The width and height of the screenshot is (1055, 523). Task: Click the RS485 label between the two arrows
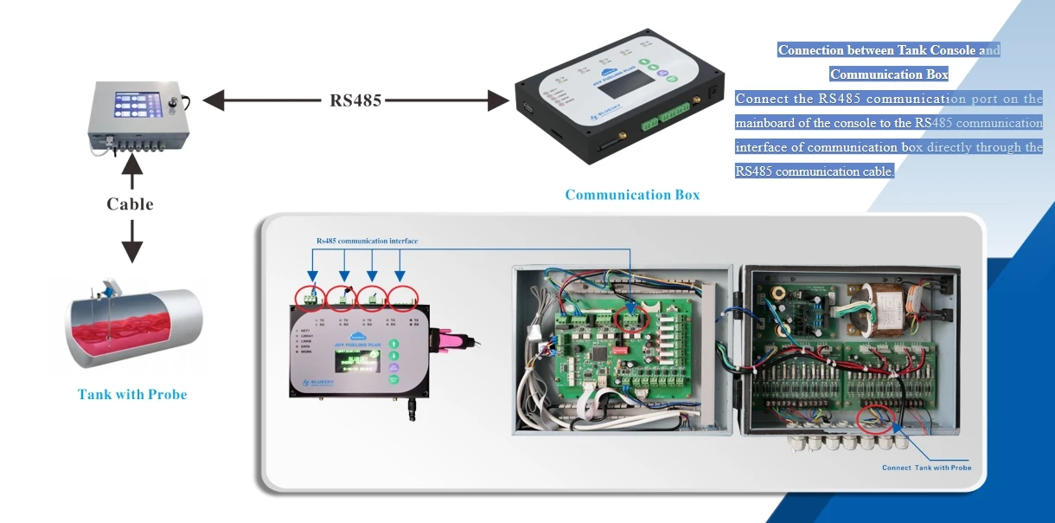click(355, 100)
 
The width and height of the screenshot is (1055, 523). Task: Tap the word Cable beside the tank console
click(130, 204)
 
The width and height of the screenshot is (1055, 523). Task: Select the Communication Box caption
click(632, 195)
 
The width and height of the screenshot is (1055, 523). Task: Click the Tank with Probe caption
click(132, 395)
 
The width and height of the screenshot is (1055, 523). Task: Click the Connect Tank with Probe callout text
click(926, 468)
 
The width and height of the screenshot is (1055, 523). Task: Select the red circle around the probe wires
click(877, 421)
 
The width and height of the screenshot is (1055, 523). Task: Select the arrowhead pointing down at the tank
click(131, 252)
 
